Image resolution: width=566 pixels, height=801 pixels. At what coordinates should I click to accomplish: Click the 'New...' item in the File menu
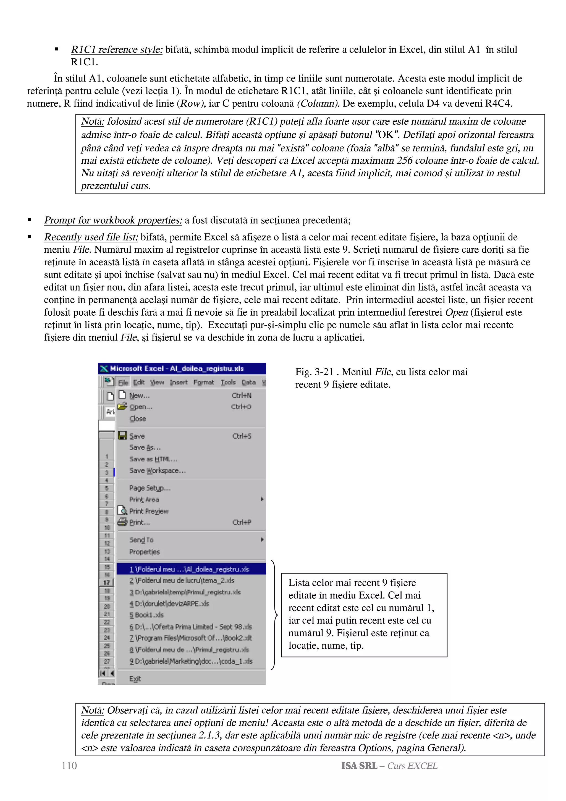140,396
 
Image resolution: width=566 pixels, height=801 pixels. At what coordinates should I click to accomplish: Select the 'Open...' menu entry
141,407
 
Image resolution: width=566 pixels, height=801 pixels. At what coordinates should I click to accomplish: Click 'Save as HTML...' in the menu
153,459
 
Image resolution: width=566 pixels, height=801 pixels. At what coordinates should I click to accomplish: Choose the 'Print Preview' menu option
149,511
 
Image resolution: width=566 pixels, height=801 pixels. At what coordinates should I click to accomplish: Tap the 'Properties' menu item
144,552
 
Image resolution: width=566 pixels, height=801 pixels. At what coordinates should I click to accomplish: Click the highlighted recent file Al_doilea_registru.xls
189,569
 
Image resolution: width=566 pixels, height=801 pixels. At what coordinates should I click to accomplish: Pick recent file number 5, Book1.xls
146,615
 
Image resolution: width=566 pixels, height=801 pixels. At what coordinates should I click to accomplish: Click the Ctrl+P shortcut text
242,523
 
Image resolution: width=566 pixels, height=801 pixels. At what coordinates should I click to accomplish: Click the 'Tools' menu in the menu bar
228,382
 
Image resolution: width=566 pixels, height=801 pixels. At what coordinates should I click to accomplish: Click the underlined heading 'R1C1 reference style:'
116,49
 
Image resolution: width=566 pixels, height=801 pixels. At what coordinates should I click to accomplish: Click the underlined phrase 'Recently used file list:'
91,237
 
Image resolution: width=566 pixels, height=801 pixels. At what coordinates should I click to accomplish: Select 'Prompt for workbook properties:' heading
113,221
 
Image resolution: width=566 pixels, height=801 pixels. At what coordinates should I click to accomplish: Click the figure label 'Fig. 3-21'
314,372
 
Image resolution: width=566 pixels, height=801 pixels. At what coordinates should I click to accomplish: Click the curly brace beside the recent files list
275,615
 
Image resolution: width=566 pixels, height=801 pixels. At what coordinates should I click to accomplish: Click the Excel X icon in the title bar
104,369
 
